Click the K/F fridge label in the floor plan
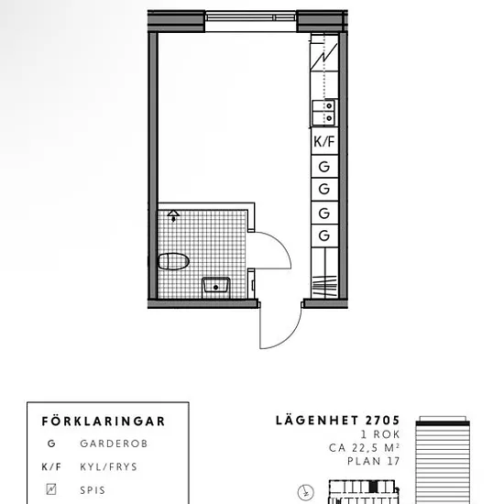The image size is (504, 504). pos(324,141)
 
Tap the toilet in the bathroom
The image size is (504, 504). pos(173,261)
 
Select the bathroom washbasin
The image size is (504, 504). pos(215,287)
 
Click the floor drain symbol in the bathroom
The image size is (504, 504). pos(173,215)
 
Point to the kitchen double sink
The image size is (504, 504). pos(323,113)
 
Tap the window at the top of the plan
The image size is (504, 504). pos(250,17)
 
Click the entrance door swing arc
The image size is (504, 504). pos(289,336)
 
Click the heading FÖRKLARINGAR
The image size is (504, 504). pos(104,422)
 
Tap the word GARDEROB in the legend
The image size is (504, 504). pos(114,444)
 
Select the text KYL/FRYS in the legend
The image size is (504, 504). pos(109,466)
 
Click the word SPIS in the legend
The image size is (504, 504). pos(93,490)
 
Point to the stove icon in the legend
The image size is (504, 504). pos(51,489)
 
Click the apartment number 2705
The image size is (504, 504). pos(382,421)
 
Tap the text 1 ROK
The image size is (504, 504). pos(380,434)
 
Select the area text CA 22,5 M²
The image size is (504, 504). pos(364,448)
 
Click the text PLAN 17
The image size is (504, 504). pos(374,461)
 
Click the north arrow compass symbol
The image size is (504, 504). pos(306,492)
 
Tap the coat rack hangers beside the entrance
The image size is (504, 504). pos(324,286)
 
